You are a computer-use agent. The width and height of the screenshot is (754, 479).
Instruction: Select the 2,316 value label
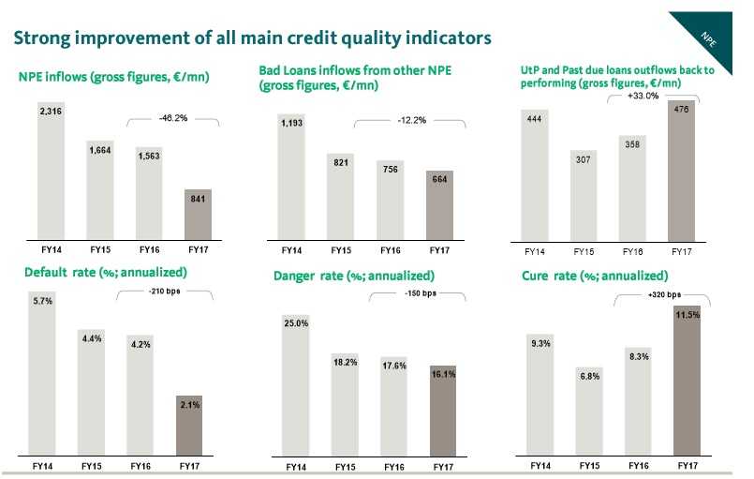pyautogui.click(x=51, y=112)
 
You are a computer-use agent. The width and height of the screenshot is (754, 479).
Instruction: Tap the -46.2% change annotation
pyautogui.click(x=172, y=120)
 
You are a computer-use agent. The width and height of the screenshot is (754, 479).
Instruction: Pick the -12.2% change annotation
pyautogui.click(x=411, y=120)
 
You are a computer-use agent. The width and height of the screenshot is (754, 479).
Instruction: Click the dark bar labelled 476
pyautogui.click(x=681, y=169)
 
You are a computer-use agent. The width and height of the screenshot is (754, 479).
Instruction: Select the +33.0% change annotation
pyautogui.click(x=644, y=95)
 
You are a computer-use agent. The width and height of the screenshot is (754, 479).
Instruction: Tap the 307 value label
pyautogui.click(x=584, y=158)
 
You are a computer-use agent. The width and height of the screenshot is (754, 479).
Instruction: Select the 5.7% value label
pyautogui.click(x=43, y=299)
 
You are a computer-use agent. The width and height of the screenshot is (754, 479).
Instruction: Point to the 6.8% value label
pyautogui.click(x=589, y=376)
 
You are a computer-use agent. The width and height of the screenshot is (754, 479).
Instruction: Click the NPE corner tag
pyautogui.click(x=709, y=37)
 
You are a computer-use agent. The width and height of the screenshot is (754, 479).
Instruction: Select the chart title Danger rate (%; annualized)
pyautogui.click(x=353, y=277)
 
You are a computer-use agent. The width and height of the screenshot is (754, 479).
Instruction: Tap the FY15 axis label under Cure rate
pyautogui.click(x=589, y=465)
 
